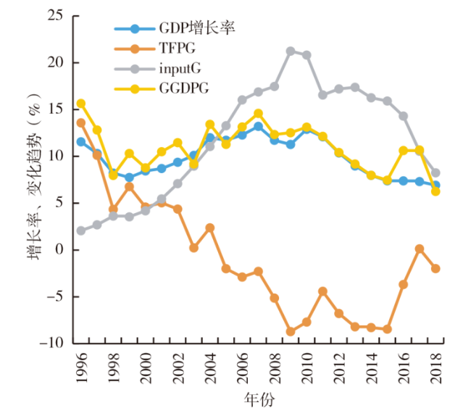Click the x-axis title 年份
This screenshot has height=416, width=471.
coord(258,399)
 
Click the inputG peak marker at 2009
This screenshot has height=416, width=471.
coord(290,51)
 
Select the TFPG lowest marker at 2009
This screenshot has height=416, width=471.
coord(290,331)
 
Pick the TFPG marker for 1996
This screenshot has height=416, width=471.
coord(80,122)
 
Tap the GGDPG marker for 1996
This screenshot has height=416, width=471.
coord(80,104)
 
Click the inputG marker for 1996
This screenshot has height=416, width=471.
coord(80,230)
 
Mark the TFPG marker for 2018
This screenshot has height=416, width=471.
coord(435,268)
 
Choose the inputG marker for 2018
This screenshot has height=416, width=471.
coord(435,173)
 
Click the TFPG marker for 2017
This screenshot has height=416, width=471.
coord(420,249)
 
